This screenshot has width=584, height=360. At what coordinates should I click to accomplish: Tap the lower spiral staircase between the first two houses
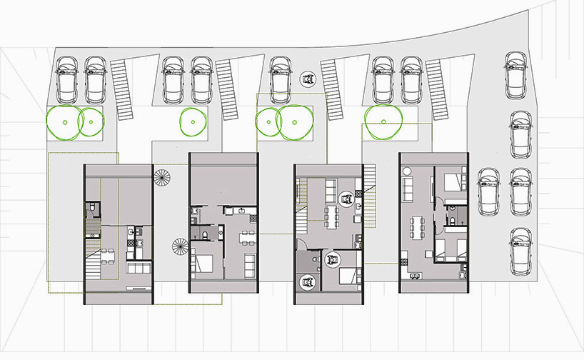pyautogui.click(x=181, y=250)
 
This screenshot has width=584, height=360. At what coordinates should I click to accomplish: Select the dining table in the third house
pyautogui.click(x=331, y=217)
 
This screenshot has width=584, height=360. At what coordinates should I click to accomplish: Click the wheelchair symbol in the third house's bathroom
pyautogui.click(x=307, y=283)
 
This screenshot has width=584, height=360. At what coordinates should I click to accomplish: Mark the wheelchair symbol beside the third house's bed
pyautogui.click(x=333, y=259)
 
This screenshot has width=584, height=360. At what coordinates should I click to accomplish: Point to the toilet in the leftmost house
pyautogui.click(x=91, y=209)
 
